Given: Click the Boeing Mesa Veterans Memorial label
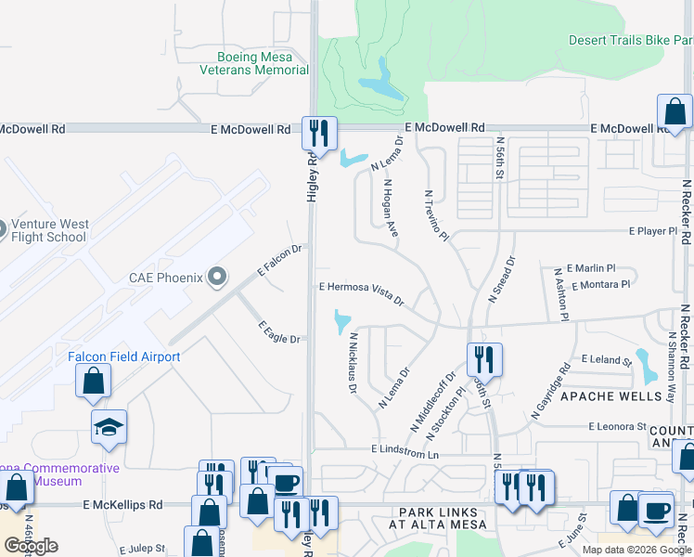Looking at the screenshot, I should coord(253,62).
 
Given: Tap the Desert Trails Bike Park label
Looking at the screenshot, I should coord(631,40).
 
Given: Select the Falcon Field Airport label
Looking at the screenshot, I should coord(124,356).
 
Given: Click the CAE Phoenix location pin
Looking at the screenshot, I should coord(217,277).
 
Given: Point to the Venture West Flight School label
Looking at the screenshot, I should coord(50,230).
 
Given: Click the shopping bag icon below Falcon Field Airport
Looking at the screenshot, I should coord(93,381).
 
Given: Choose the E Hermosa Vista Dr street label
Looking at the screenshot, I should coord(362,292).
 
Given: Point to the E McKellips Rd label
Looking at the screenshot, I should coord(122,505).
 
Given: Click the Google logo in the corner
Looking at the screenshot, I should coord(32,545).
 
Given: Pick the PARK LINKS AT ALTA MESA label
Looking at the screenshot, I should coord(439,519).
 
